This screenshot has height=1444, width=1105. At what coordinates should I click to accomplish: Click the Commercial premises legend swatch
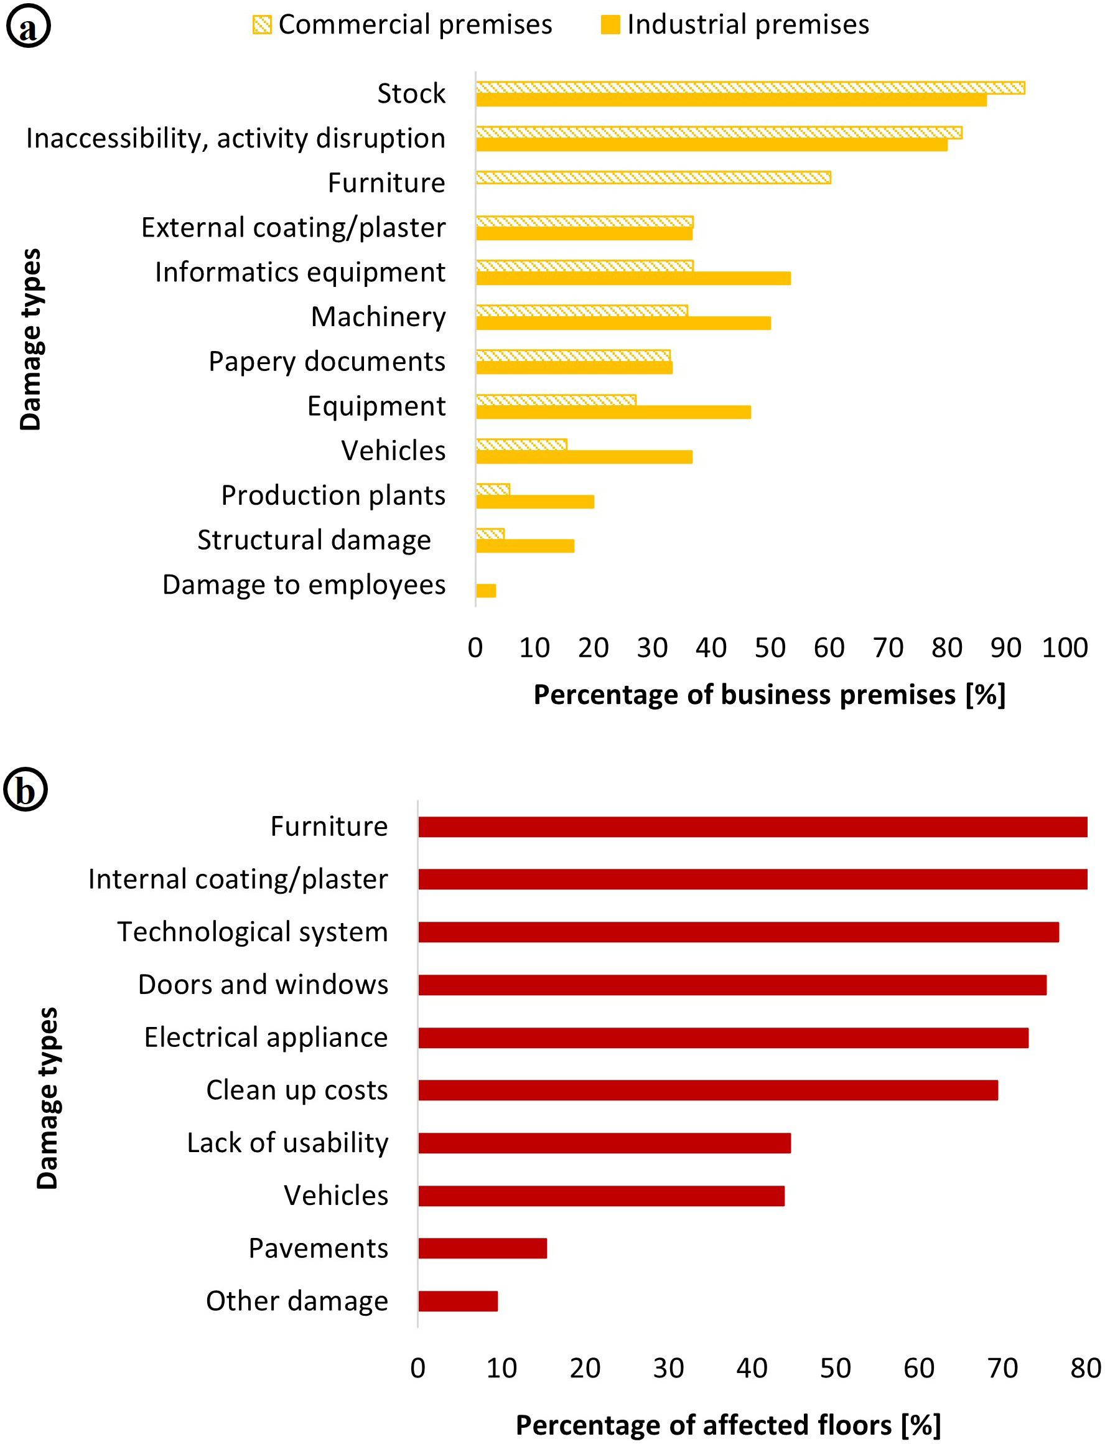[x=262, y=25]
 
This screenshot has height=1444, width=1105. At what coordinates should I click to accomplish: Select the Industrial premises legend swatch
[x=610, y=25]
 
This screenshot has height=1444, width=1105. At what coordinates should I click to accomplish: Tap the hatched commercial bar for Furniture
[x=653, y=177]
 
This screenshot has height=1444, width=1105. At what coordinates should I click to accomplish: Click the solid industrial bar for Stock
[x=730, y=100]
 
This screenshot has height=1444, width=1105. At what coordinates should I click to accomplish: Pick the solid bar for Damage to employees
[x=485, y=590]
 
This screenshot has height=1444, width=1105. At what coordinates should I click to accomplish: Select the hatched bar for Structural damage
[x=490, y=533]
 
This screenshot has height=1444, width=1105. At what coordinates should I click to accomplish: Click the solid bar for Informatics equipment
[x=633, y=278]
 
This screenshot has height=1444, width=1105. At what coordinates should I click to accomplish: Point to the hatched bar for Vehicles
[x=521, y=444]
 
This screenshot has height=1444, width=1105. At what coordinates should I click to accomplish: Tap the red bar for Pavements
[x=482, y=1247]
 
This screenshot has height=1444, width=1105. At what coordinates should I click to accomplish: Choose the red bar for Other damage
[x=458, y=1300]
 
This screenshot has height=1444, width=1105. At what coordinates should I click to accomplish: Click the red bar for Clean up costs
[x=707, y=1089]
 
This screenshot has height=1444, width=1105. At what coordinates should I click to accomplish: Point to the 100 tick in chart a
[x=1064, y=648]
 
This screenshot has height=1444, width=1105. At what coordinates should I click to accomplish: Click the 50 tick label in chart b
[x=835, y=1367]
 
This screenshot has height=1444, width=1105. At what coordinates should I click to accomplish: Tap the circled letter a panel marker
[x=27, y=26]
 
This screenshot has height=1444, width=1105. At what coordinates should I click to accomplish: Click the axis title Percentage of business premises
[x=769, y=695]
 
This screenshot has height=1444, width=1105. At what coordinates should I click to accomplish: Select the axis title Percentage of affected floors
[x=727, y=1424]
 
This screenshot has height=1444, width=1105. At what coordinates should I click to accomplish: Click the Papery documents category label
[x=326, y=361]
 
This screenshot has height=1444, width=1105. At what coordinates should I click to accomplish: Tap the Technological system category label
[x=252, y=932]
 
